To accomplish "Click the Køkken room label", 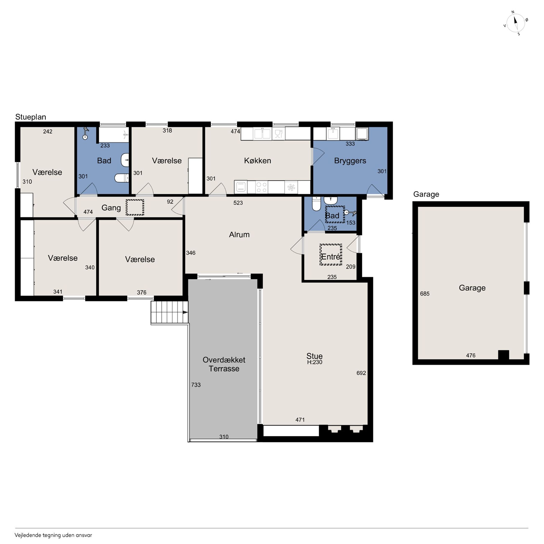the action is (257, 160).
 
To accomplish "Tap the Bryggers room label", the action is (350, 161).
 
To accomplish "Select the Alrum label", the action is (239, 235).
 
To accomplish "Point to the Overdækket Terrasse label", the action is (224, 364).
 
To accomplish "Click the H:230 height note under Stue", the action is (314, 362).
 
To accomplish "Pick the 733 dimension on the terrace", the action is (196, 385).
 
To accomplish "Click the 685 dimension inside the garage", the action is (425, 294).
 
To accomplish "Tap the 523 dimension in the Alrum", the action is (238, 203).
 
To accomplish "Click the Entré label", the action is (331, 257).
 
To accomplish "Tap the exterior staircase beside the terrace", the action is (169, 312).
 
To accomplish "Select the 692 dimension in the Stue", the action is (361, 373).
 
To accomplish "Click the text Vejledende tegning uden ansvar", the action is (53, 535).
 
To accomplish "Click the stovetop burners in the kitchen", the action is (262, 187).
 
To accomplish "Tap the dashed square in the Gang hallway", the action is (135, 208).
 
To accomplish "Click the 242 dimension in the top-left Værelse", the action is (47, 131).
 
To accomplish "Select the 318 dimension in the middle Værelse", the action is (167, 130).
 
